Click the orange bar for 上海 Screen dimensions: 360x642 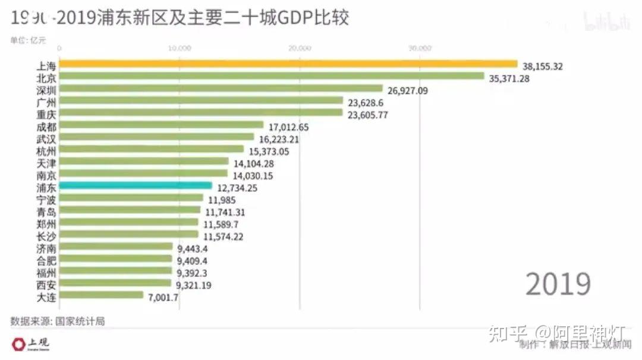(288, 64)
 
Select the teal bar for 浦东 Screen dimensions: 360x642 (136, 186)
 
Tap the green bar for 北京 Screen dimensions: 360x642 (272, 76)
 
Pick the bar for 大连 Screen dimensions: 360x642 (101, 295)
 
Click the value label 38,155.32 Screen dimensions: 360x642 (542, 67)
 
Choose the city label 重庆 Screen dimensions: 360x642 (46, 114)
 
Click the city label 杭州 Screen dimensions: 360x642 (46, 150)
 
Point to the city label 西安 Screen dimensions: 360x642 (46, 284)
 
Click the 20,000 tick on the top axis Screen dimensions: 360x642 (300, 48)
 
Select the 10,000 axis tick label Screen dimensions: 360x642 (180, 48)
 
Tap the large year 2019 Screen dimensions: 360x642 (558, 285)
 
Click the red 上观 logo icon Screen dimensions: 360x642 (18, 343)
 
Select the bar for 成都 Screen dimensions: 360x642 (161, 125)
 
